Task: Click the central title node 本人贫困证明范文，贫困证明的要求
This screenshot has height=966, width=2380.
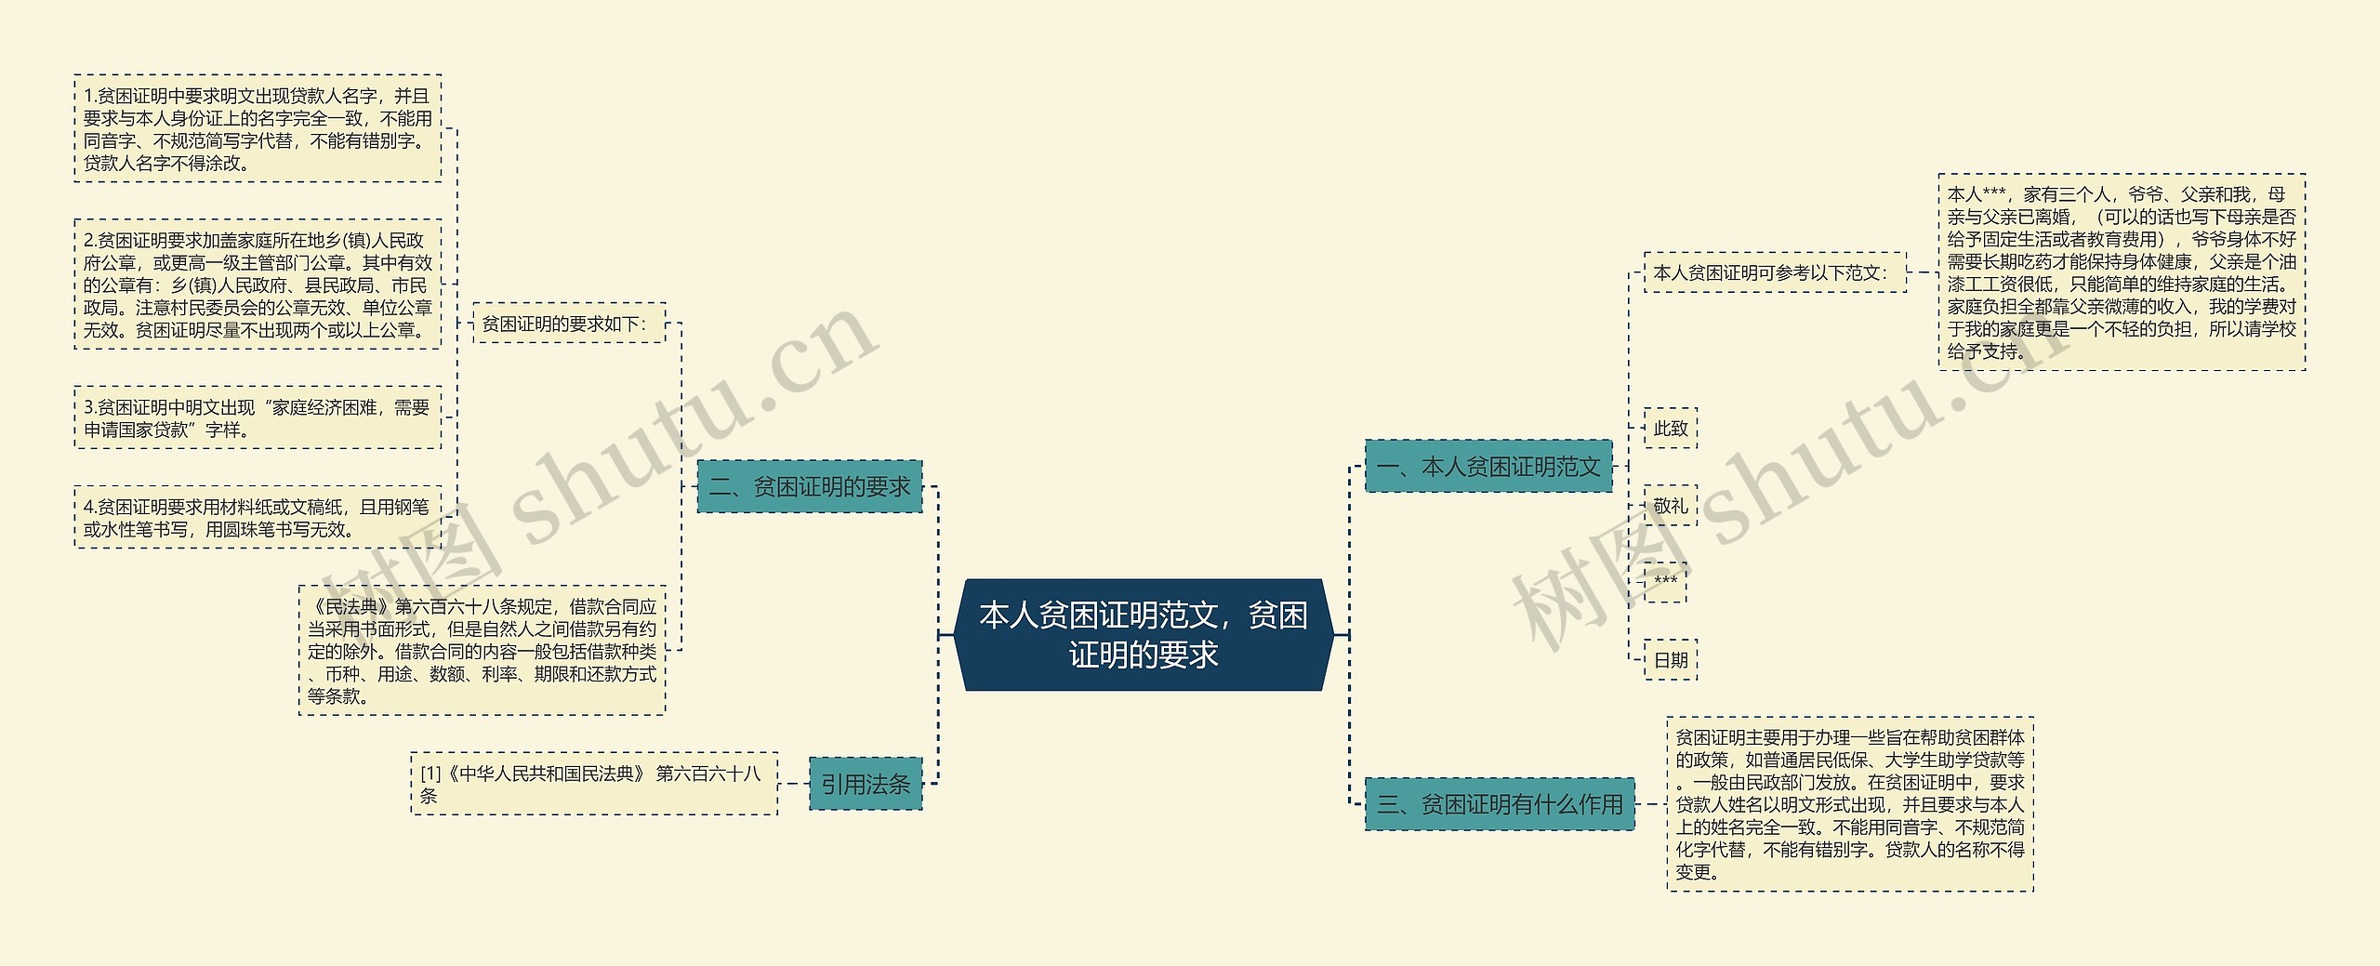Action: click(1144, 635)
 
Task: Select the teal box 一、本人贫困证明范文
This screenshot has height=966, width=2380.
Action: click(1488, 466)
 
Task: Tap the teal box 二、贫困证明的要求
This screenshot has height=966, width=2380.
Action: click(809, 486)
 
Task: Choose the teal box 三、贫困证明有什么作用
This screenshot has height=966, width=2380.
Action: click(1500, 804)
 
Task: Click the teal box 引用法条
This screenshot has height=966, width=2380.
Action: click(866, 784)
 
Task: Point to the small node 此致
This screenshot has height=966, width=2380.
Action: click(1670, 429)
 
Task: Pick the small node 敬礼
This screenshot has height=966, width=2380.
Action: click(1670, 506)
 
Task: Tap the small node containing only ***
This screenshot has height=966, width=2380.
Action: click(1665, 582)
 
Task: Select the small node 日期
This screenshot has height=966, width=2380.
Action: click(1670, 660)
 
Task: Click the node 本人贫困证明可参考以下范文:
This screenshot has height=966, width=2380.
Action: click(1775, 272)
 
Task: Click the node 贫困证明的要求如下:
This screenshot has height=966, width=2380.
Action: click(569, 323)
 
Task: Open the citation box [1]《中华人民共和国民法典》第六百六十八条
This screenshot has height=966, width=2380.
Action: click(594, 784)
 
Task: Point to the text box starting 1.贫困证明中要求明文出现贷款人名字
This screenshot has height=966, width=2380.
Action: click(258, 128)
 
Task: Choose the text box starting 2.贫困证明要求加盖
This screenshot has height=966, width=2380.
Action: click(258, 285)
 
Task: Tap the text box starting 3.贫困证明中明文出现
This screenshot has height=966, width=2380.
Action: click(258, 418)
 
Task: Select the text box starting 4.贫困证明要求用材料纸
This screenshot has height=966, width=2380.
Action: click(258, 517)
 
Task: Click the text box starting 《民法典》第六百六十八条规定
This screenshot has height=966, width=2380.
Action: click(482, 651)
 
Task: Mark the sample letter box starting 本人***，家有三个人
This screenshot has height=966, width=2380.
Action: click(2122, 272)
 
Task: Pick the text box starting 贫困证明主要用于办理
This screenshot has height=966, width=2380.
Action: click(1850, 804)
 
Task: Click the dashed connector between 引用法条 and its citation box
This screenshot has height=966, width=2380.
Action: click(793, 784)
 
